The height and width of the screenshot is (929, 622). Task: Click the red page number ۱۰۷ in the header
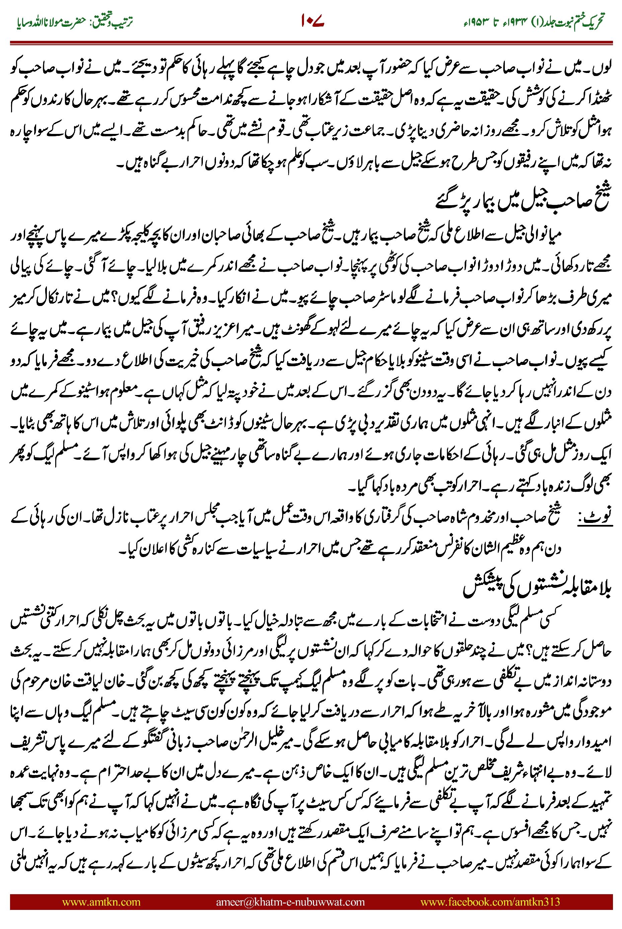pyautogui.click(x=313, y=21)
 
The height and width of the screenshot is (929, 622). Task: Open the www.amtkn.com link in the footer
pyautogui.click(x=101, y=902)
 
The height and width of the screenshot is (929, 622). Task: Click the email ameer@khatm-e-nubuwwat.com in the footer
pyautogui.click(x=290, y=902)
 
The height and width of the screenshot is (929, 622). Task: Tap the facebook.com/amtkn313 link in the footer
pyautogui.click(x=490, y=902)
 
